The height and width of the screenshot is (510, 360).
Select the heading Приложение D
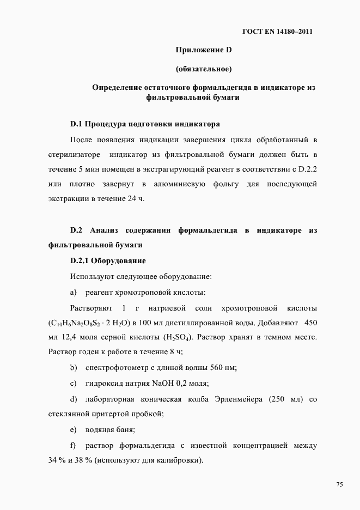point(204,51)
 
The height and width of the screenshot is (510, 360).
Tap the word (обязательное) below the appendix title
point(204,69)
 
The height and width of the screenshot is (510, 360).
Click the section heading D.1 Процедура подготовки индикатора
point(145,124)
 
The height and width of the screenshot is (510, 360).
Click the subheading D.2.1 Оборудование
point(108,261)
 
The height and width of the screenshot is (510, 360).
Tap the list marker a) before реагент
point(74,292)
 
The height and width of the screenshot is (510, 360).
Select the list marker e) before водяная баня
point(74,430)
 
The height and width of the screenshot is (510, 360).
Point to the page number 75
point(339,485)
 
